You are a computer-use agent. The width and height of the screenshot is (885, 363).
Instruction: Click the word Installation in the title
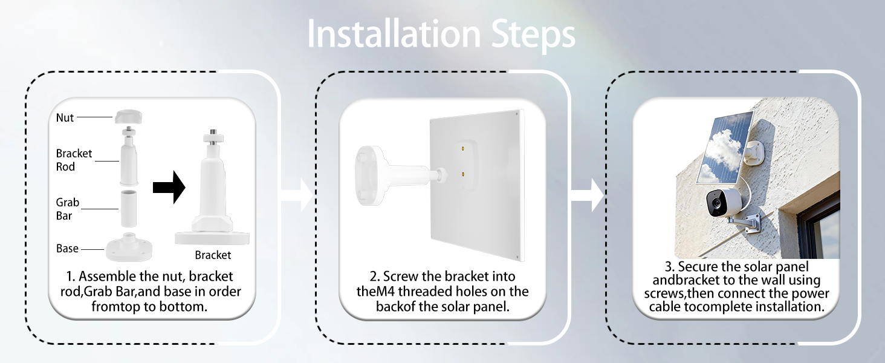click(394, 34)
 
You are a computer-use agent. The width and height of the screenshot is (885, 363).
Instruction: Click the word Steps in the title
click(533, 36)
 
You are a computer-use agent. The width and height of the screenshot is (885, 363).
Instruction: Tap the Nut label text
click(65, 117)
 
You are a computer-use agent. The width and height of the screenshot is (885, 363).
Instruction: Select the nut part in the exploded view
click(128, 117)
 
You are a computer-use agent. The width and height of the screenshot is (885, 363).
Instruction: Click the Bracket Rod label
click(74, 160)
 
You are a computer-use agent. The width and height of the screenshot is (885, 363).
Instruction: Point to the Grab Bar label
click(68, 209)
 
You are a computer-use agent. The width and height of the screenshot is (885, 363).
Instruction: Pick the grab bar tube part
click(128, 208)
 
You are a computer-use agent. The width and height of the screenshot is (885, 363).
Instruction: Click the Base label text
click(67, 248)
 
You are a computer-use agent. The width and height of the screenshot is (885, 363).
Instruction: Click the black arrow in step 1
click(169, 188)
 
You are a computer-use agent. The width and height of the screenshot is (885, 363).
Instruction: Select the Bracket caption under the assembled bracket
click(213, 255)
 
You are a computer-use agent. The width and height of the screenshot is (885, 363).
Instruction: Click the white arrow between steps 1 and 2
click(297, 195)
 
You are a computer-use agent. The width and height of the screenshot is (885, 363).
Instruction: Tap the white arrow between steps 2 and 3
click(588, 195)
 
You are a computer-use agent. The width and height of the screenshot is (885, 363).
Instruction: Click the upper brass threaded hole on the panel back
click(462, 148)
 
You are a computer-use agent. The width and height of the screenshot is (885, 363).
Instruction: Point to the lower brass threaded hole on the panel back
click(462, 174)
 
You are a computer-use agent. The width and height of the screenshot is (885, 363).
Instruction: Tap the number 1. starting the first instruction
click(71, 276)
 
